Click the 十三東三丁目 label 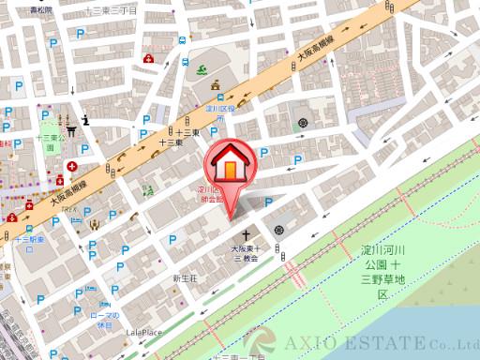pos(111,9)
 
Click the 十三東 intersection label pos(170,142)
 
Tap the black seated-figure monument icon pos(87,119)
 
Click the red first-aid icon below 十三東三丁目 pos(147,58)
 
